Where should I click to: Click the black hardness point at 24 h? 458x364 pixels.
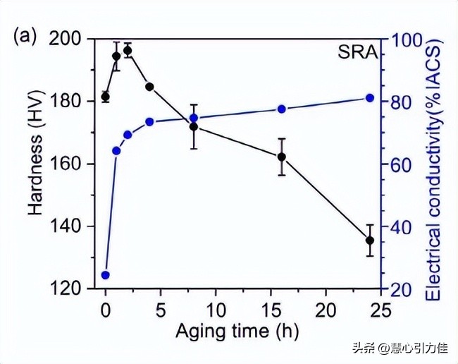point(369,241)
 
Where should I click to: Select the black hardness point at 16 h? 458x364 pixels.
point(281,157)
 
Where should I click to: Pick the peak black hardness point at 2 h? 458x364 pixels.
point(128,51)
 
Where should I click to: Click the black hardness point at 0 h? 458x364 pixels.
point(106,97)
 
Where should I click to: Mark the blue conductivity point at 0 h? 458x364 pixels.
point(106,275)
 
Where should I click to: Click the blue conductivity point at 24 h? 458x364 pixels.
point(369,97)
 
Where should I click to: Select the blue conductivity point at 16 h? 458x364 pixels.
point(281,109)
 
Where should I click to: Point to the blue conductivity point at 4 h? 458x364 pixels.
point(149,121)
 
